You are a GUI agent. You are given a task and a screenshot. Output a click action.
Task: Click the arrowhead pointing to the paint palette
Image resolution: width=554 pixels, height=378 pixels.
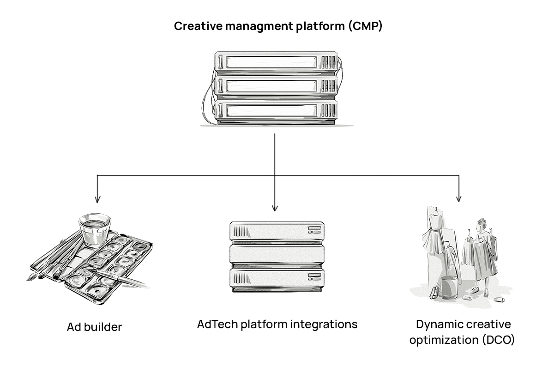click(97, 199)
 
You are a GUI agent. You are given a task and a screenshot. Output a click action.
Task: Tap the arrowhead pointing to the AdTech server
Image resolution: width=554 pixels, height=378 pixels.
click(275, 207)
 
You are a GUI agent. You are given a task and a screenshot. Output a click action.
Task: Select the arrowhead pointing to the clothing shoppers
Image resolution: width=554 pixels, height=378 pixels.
click(458, 198)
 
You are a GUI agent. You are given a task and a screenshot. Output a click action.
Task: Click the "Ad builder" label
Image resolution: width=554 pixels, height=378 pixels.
click(94, 327)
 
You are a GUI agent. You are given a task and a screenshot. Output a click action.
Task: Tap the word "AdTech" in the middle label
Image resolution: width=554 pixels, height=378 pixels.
click(216, 324)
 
